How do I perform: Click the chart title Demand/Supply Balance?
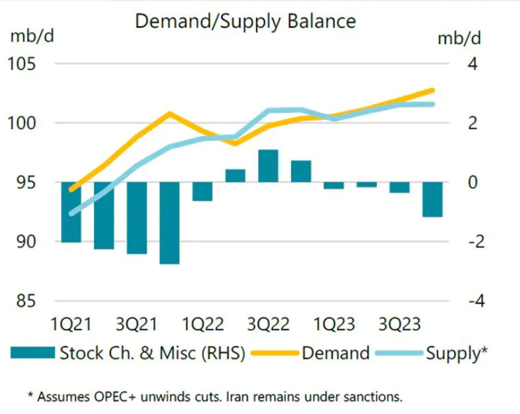tap(245, 21)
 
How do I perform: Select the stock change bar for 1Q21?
tap(71, 212)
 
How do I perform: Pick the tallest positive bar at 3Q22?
tap(268, 166)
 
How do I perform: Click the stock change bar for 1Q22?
tap(202, 191)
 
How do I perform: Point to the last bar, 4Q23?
tap(432, 199)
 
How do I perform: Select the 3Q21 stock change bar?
tap(136, 217)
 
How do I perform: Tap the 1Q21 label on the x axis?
tap(71, 324)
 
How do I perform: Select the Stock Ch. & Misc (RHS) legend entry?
tap(152, 353)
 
